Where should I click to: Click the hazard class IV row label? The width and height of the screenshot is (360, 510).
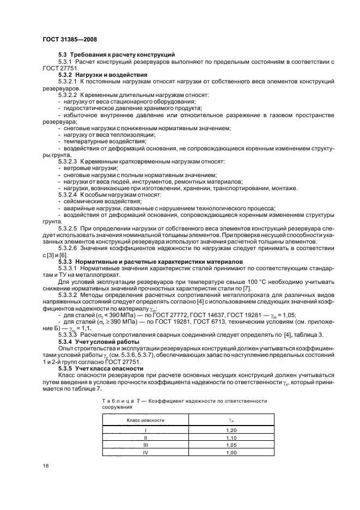pos(145,452)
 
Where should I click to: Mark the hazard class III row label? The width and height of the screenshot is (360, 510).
pos(145,445)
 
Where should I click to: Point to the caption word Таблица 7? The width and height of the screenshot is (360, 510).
pos(119,400)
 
